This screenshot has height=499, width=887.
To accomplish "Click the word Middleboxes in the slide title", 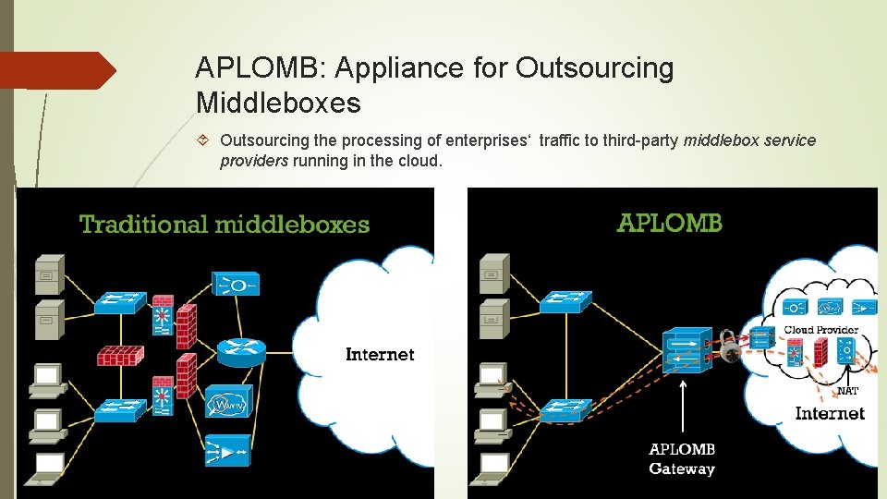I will click(278, 103).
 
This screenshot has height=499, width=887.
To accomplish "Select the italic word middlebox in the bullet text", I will click(717, 140).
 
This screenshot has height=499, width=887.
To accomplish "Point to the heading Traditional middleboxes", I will click(225, 224).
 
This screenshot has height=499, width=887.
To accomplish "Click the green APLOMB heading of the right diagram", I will click(669, 223).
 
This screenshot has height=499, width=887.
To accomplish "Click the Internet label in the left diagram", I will click(380, 354).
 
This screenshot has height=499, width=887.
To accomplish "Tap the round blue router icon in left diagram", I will click(241, 350).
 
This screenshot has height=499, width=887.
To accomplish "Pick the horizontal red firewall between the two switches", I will click(120, 355).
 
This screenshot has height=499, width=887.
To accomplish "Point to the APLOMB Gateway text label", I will click(682, 459).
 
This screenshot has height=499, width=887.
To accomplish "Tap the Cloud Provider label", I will click(820, 330).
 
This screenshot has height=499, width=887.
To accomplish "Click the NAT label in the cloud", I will click(846, 391).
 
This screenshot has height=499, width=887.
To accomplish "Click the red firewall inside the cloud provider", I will click(820, 352).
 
